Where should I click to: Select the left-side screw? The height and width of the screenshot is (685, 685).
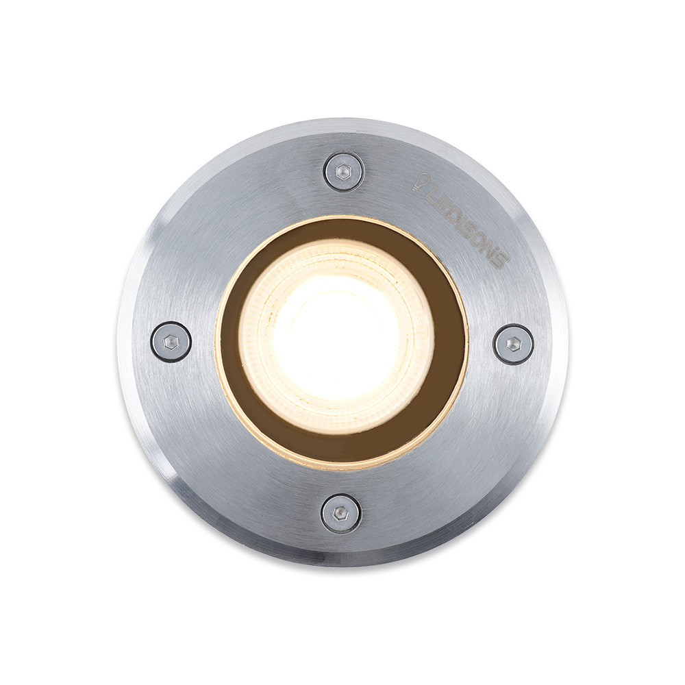point(171,341)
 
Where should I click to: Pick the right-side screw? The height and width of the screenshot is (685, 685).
point(514,343)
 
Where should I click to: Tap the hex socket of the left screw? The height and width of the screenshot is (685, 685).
point(171,341)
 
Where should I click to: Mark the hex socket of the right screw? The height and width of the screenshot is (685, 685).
point(514,343)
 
